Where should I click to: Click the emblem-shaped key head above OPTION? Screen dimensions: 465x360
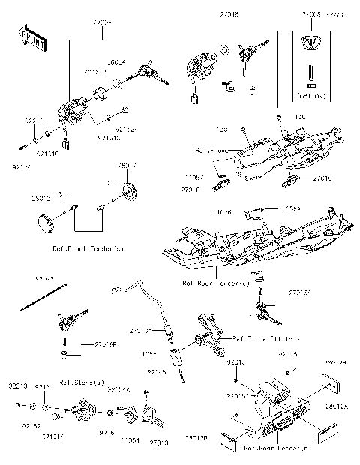[310, 41]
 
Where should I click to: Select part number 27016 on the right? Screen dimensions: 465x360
[322, 178]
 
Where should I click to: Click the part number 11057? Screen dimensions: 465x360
[194, 178]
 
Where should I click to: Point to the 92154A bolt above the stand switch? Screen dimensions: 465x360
[109, 412]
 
